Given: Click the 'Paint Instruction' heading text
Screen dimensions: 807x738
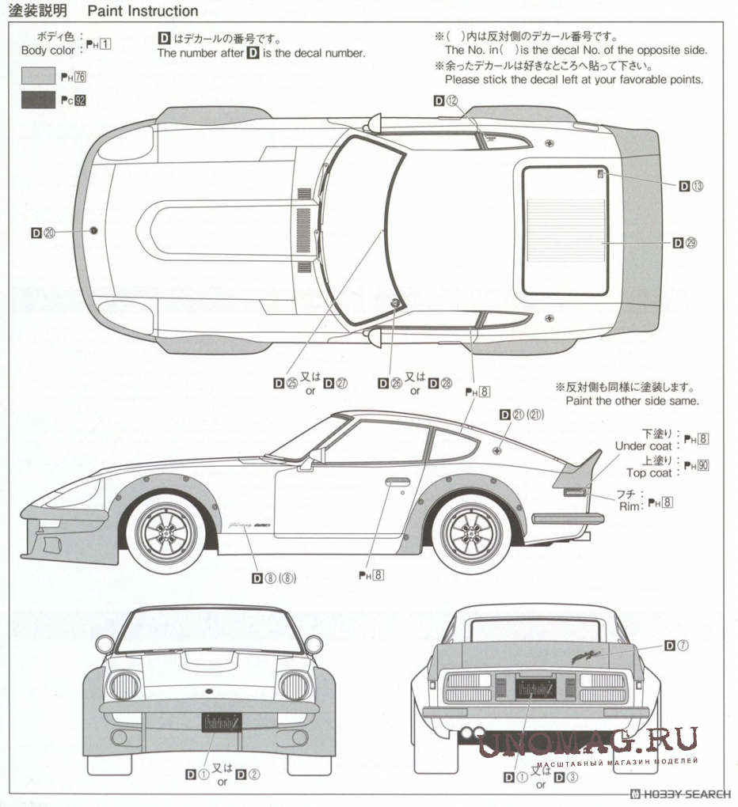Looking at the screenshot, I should coord(143,11).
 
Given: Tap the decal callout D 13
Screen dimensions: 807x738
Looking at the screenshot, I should coord(691,186).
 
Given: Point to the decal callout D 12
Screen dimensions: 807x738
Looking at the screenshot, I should coord(446,100).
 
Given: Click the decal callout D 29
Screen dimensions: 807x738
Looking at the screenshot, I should coord(685,242).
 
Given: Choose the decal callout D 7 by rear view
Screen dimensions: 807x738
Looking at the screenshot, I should coord(676,645).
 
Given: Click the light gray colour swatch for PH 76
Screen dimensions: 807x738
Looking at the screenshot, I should coord(36,77).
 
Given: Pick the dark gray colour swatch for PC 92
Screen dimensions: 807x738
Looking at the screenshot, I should coord(36,101).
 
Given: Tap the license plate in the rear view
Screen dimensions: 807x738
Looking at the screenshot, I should coord(535,688).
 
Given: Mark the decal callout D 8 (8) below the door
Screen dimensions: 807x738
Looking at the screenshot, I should coord(273,578).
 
